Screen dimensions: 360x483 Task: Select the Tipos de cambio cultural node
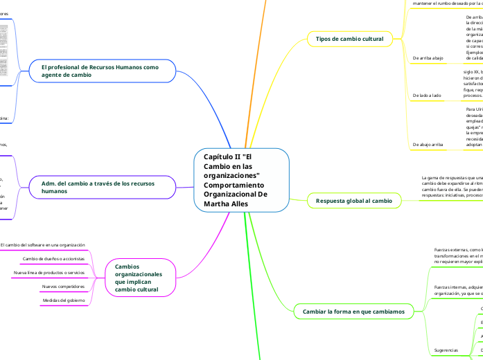pos(349,39)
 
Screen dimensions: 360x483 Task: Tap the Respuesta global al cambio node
pos(353,200)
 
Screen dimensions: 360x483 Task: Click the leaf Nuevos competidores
pos(64,286)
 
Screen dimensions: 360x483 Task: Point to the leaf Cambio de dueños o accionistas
pos(54,258)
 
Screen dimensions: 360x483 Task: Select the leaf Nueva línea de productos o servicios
pos(49,272)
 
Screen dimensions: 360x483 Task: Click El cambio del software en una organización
pos(43,244)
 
